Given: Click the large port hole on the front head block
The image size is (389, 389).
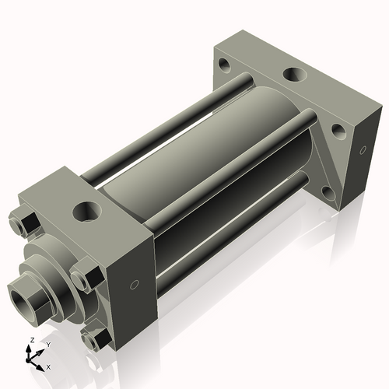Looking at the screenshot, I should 86,211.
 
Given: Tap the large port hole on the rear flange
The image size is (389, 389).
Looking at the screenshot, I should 293,76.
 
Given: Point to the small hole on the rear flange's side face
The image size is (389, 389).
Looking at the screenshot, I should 360,150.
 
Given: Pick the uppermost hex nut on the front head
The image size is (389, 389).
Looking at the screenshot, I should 26,223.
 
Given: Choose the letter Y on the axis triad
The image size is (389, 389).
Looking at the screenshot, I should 47,345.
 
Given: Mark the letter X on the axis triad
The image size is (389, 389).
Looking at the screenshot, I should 48,366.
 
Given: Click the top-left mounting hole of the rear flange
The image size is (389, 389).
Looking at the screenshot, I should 225,65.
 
